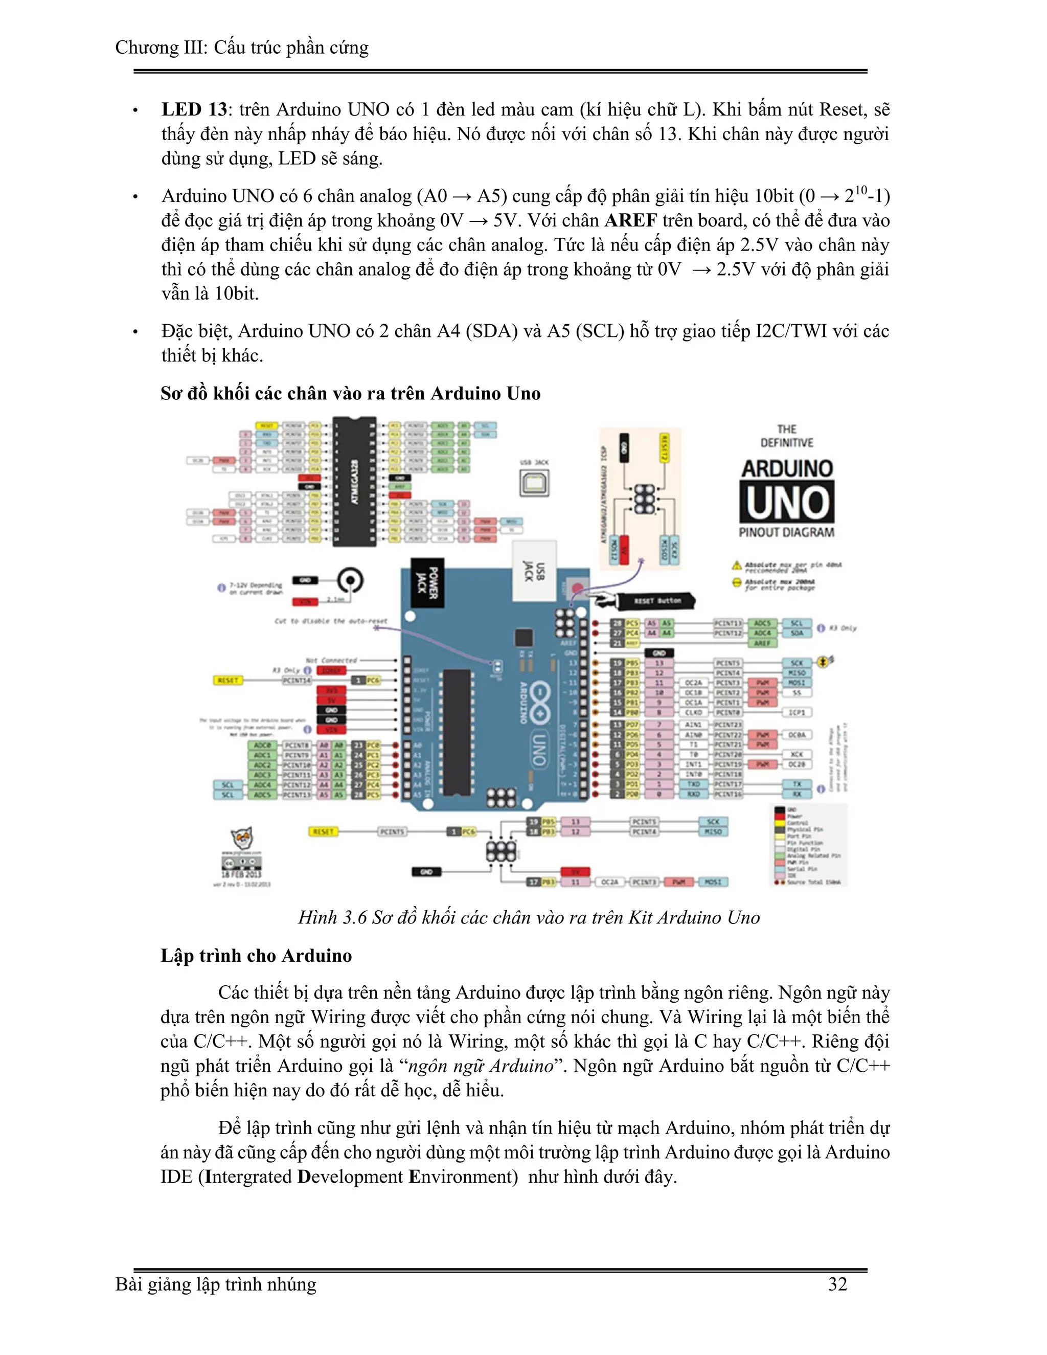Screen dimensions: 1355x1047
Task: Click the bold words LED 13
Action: (x=194, y=110)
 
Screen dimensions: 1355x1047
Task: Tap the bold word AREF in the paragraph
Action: (x=631, y=221)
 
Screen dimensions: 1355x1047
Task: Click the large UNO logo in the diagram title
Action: (x=786, y=502)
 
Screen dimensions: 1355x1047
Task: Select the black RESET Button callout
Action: (x=656, y=601)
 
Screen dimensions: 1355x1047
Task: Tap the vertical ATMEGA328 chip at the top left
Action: (x=354, y=482)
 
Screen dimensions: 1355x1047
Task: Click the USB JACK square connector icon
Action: (x=534, y=483)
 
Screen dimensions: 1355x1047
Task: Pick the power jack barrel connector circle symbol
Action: (x=350, y=581)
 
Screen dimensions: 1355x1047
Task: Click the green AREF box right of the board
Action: (x=762, y=643)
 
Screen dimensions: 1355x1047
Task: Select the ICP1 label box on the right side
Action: (x=796, y=712)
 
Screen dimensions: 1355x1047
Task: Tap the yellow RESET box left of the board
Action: (x=227, y=681)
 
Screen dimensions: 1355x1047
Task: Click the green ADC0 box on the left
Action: (x=262, y=745)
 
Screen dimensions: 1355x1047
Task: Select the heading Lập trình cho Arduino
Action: (x=256, y=956)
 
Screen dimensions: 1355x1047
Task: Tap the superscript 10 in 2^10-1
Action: (x=861, y=190)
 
